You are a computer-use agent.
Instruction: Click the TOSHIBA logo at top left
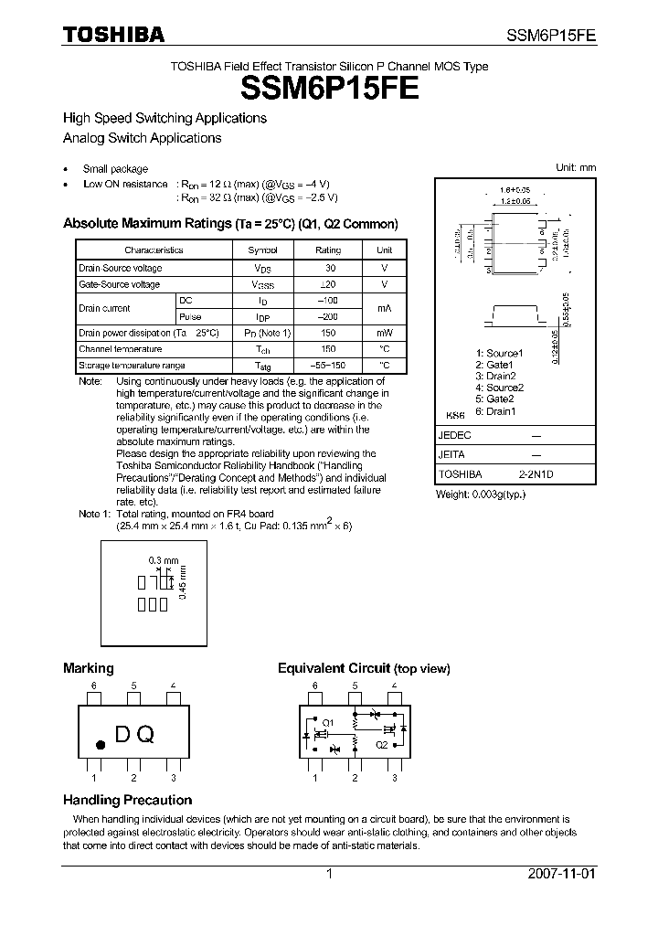tap(113, 35)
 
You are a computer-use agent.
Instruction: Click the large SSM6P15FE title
tap(330, 89)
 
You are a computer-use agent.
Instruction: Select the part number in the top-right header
tap(551, 36)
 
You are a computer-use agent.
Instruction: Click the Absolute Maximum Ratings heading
tap(230, 224)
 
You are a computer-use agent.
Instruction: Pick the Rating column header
tap(328, 250)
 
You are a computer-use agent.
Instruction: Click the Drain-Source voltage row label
tap(121, 268)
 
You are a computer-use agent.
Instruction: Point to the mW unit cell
tap(384, 333)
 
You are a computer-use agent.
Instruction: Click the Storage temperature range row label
tap(132, 365)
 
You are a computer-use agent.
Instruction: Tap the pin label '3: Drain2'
tap(495, 376)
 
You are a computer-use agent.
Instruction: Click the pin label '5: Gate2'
tap(494, 399)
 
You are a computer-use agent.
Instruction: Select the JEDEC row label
tap(454, 437)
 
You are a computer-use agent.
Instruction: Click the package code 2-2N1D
tap(537, 475)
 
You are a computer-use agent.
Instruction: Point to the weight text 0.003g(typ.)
tap(481, 494)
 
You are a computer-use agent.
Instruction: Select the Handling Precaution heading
tap(127, 800)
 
